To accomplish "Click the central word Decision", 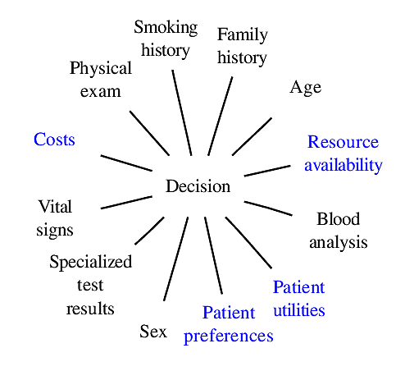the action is coord(198,186).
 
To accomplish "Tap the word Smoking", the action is coord(166,28).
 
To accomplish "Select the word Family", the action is coord(243,35).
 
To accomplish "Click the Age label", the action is coord(306,88).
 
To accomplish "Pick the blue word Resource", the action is coord(344,142).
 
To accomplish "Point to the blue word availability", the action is coord(344,165).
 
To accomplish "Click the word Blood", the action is coord(339,219).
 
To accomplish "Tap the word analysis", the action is coord(339,243).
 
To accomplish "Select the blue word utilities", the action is coord(299,310).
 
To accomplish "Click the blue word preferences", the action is coord(229,337).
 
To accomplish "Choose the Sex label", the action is coord(153,332).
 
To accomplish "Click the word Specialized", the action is coord(90,262).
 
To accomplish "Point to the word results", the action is coord(90,309).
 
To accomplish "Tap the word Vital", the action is coord(55,206).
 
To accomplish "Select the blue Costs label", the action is coord(54,140).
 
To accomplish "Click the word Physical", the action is coord(101,68).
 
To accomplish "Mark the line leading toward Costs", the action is coord(126,163).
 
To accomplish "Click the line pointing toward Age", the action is coord(252,136).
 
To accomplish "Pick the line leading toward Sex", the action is coord(176,259).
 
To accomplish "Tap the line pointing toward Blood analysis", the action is coord(268,208).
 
